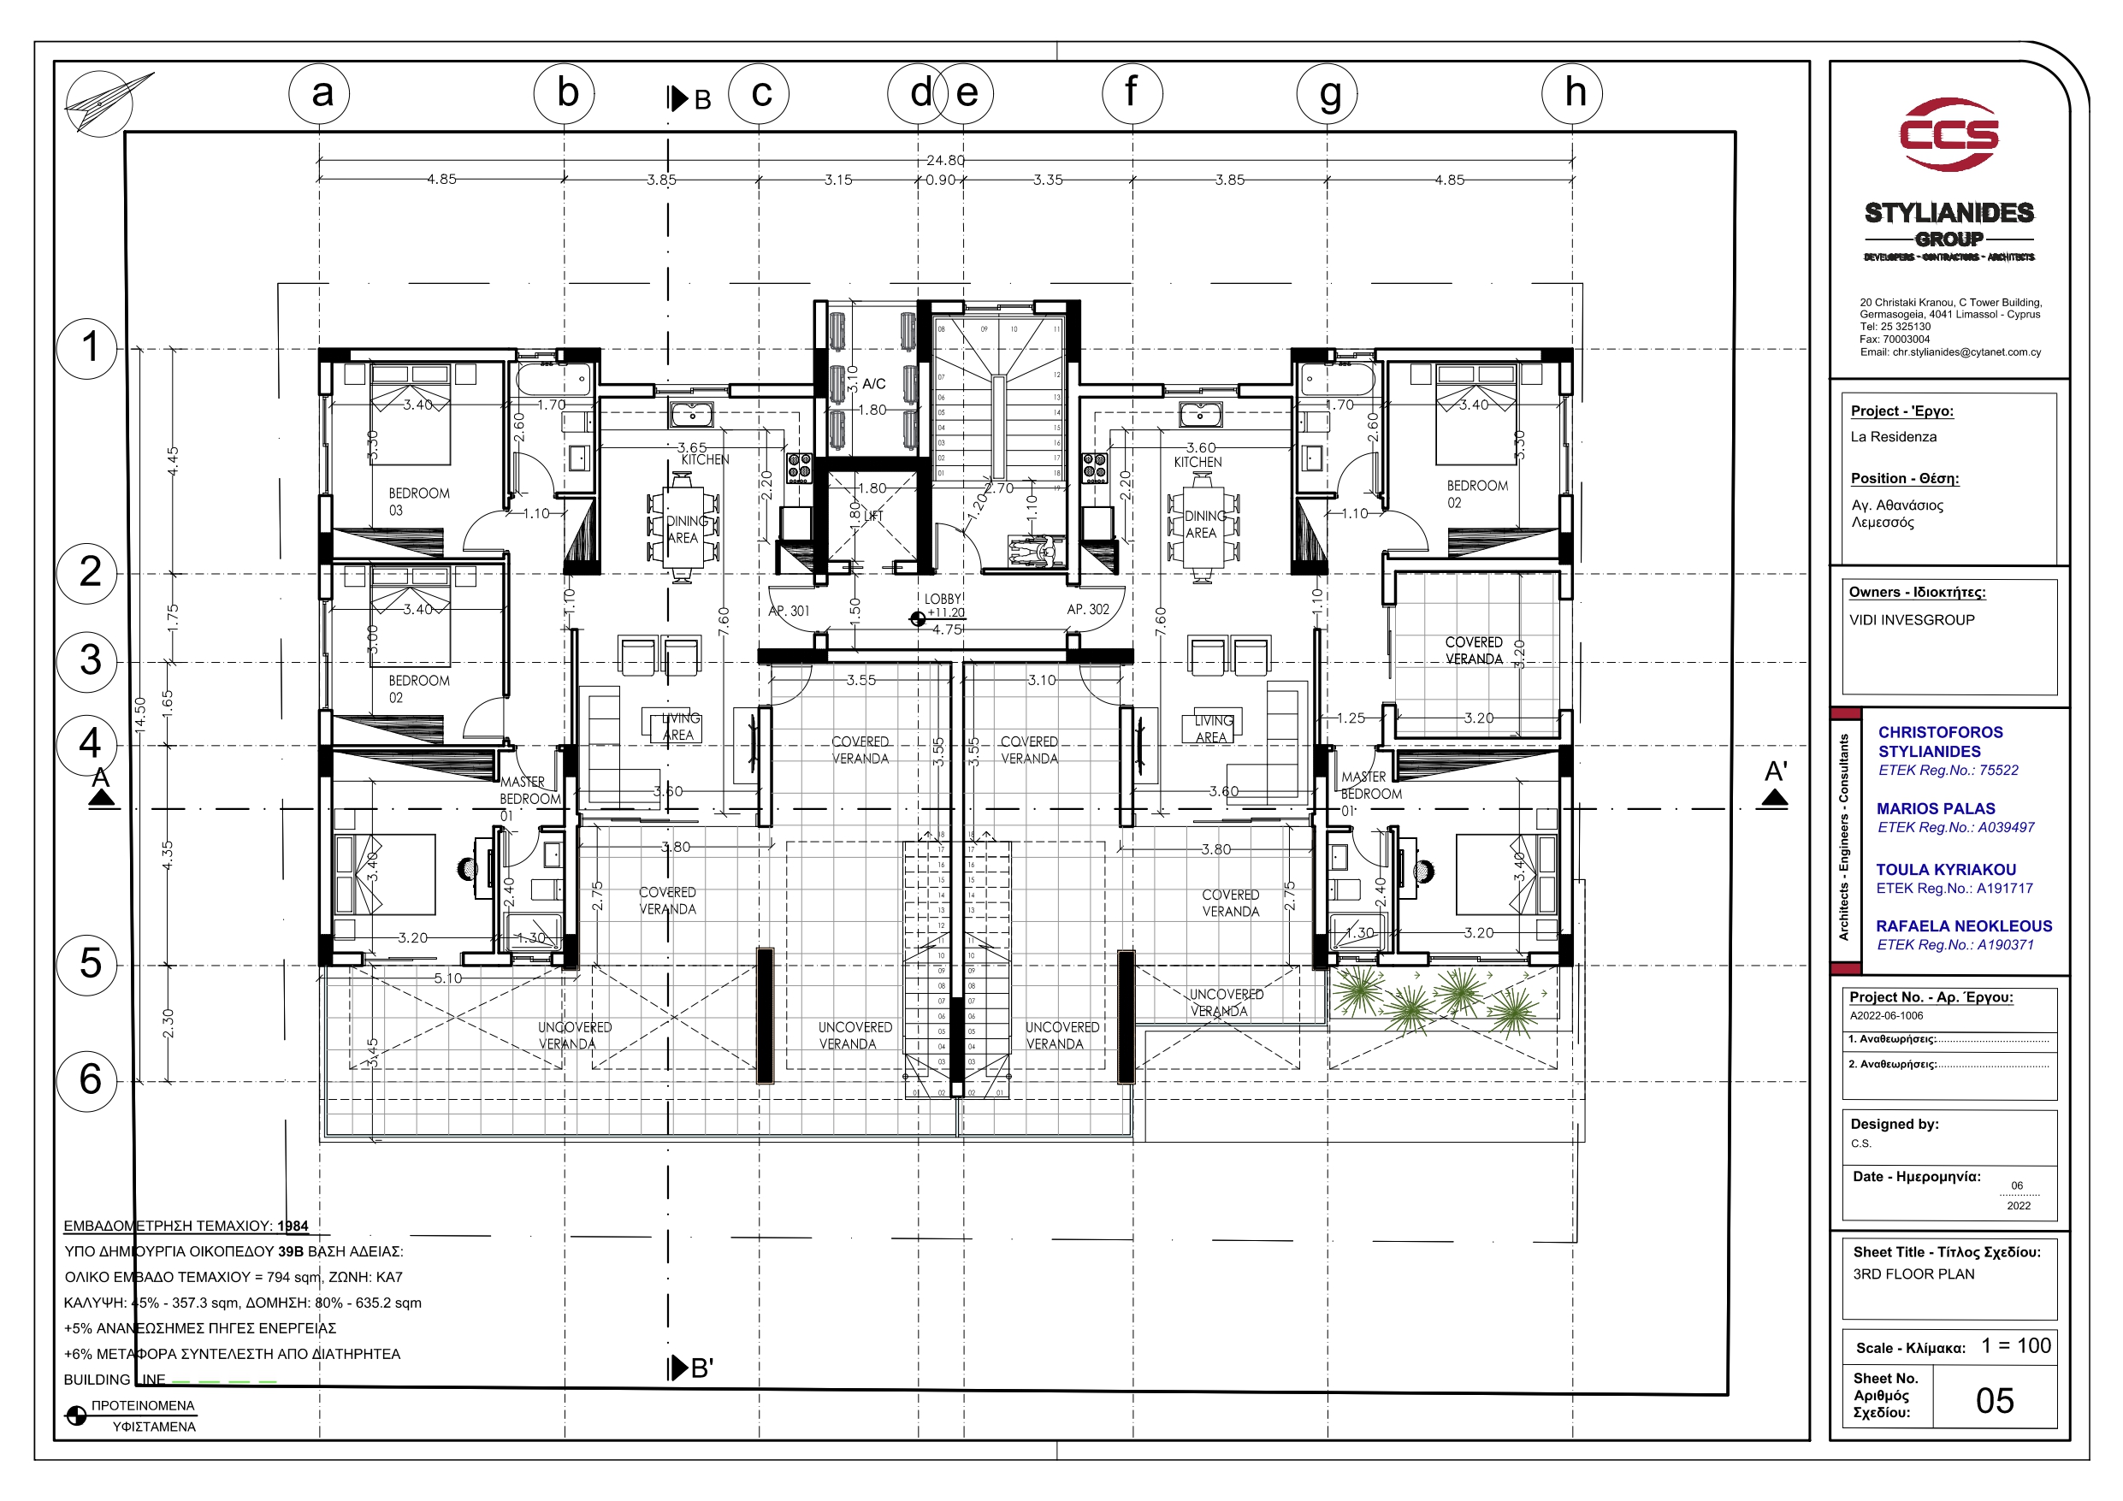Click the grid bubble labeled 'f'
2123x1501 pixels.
point(1132,93)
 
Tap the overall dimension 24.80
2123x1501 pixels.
point(945,160)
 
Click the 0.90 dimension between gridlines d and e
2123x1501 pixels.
point(940,180)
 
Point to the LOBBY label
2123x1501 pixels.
point(943,600)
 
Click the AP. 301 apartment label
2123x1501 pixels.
point(789,612)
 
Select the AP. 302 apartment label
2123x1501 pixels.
point(1087,610)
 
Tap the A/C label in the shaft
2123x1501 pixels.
point(874,384)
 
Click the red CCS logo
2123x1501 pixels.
point(1949,135)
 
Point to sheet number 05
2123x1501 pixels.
point(1995,1400)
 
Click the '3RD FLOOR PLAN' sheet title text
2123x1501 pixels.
point(1913,1273)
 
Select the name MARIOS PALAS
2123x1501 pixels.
point(1936,808)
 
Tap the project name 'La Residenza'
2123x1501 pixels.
point(1893,436)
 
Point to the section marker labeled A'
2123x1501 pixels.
point(1774,783)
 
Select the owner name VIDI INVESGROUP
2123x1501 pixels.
point(1911,619)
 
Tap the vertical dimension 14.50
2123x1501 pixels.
point(139,717)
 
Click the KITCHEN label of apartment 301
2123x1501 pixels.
point(705,459)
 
